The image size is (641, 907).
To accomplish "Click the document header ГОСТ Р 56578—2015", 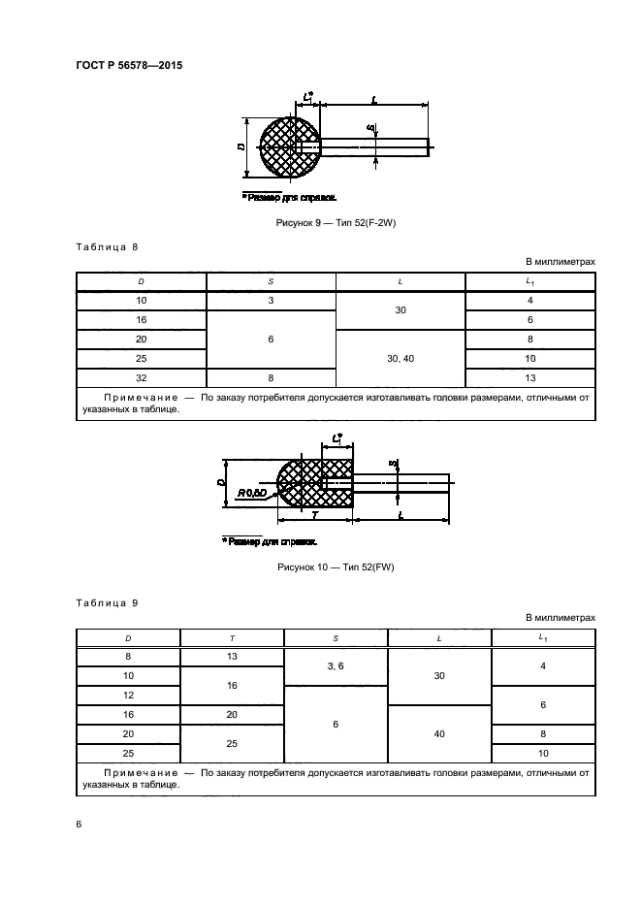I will (129, 65).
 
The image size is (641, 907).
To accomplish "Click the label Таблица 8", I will (108, 247).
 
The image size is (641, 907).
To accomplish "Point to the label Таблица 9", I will (108, 603).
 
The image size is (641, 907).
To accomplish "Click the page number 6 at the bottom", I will (80, 824).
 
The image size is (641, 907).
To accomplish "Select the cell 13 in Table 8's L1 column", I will (530, 378).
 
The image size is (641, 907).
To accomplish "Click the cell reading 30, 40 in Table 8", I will (401, 359).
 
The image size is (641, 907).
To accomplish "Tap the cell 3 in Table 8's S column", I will (271, 301).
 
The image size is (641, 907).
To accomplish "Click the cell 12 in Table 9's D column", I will (128, 696).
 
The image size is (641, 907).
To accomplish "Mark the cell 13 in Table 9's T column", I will (232, 658).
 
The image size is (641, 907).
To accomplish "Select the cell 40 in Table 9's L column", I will (439, 734).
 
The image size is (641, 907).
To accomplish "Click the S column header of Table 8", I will (271, 281).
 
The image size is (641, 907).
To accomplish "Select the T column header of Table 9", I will (232, 638).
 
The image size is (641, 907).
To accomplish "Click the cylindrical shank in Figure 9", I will (373, 146).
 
